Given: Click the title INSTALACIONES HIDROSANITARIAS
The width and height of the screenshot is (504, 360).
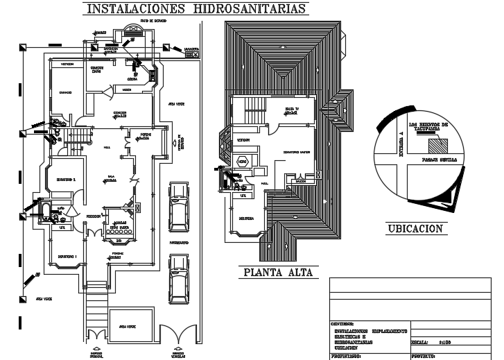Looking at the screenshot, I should tap(195, 9).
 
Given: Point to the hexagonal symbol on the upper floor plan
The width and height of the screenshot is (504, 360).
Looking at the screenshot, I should tap(242, 161).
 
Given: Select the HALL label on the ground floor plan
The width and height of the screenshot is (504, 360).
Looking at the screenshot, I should tap(107, 148).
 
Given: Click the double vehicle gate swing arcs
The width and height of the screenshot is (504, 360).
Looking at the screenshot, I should tap(178, 334).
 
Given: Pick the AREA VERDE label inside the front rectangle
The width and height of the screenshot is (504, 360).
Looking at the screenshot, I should tap(127, 325).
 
